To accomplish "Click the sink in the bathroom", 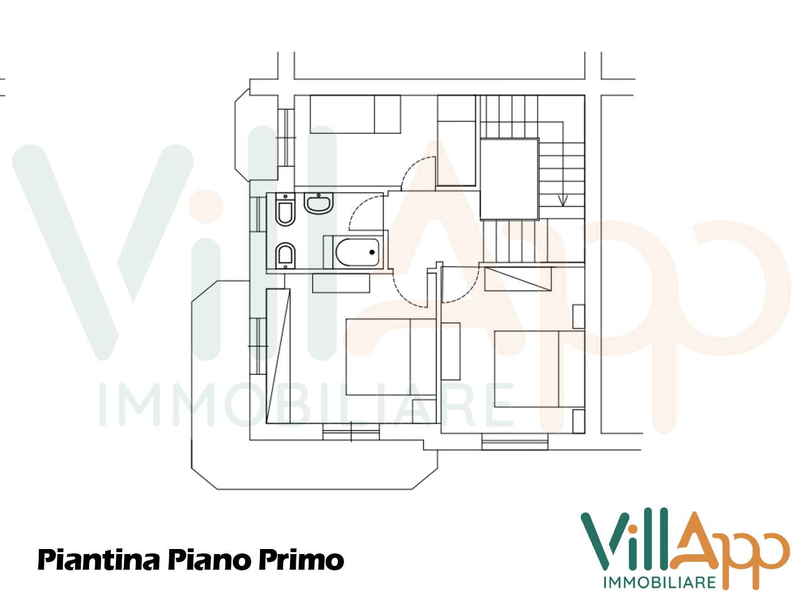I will (320, 203).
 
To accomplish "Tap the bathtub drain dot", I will (372, 252).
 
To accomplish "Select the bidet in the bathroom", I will (285, 254).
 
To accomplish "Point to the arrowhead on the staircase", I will (563, 201).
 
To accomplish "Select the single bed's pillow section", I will (387, 113).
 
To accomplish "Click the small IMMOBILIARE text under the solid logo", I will (659, 583).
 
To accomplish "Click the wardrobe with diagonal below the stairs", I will (518, 278).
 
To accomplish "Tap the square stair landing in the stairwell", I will (509, 178).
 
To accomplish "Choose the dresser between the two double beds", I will (450, 351).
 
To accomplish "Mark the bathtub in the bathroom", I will (355, 252).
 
